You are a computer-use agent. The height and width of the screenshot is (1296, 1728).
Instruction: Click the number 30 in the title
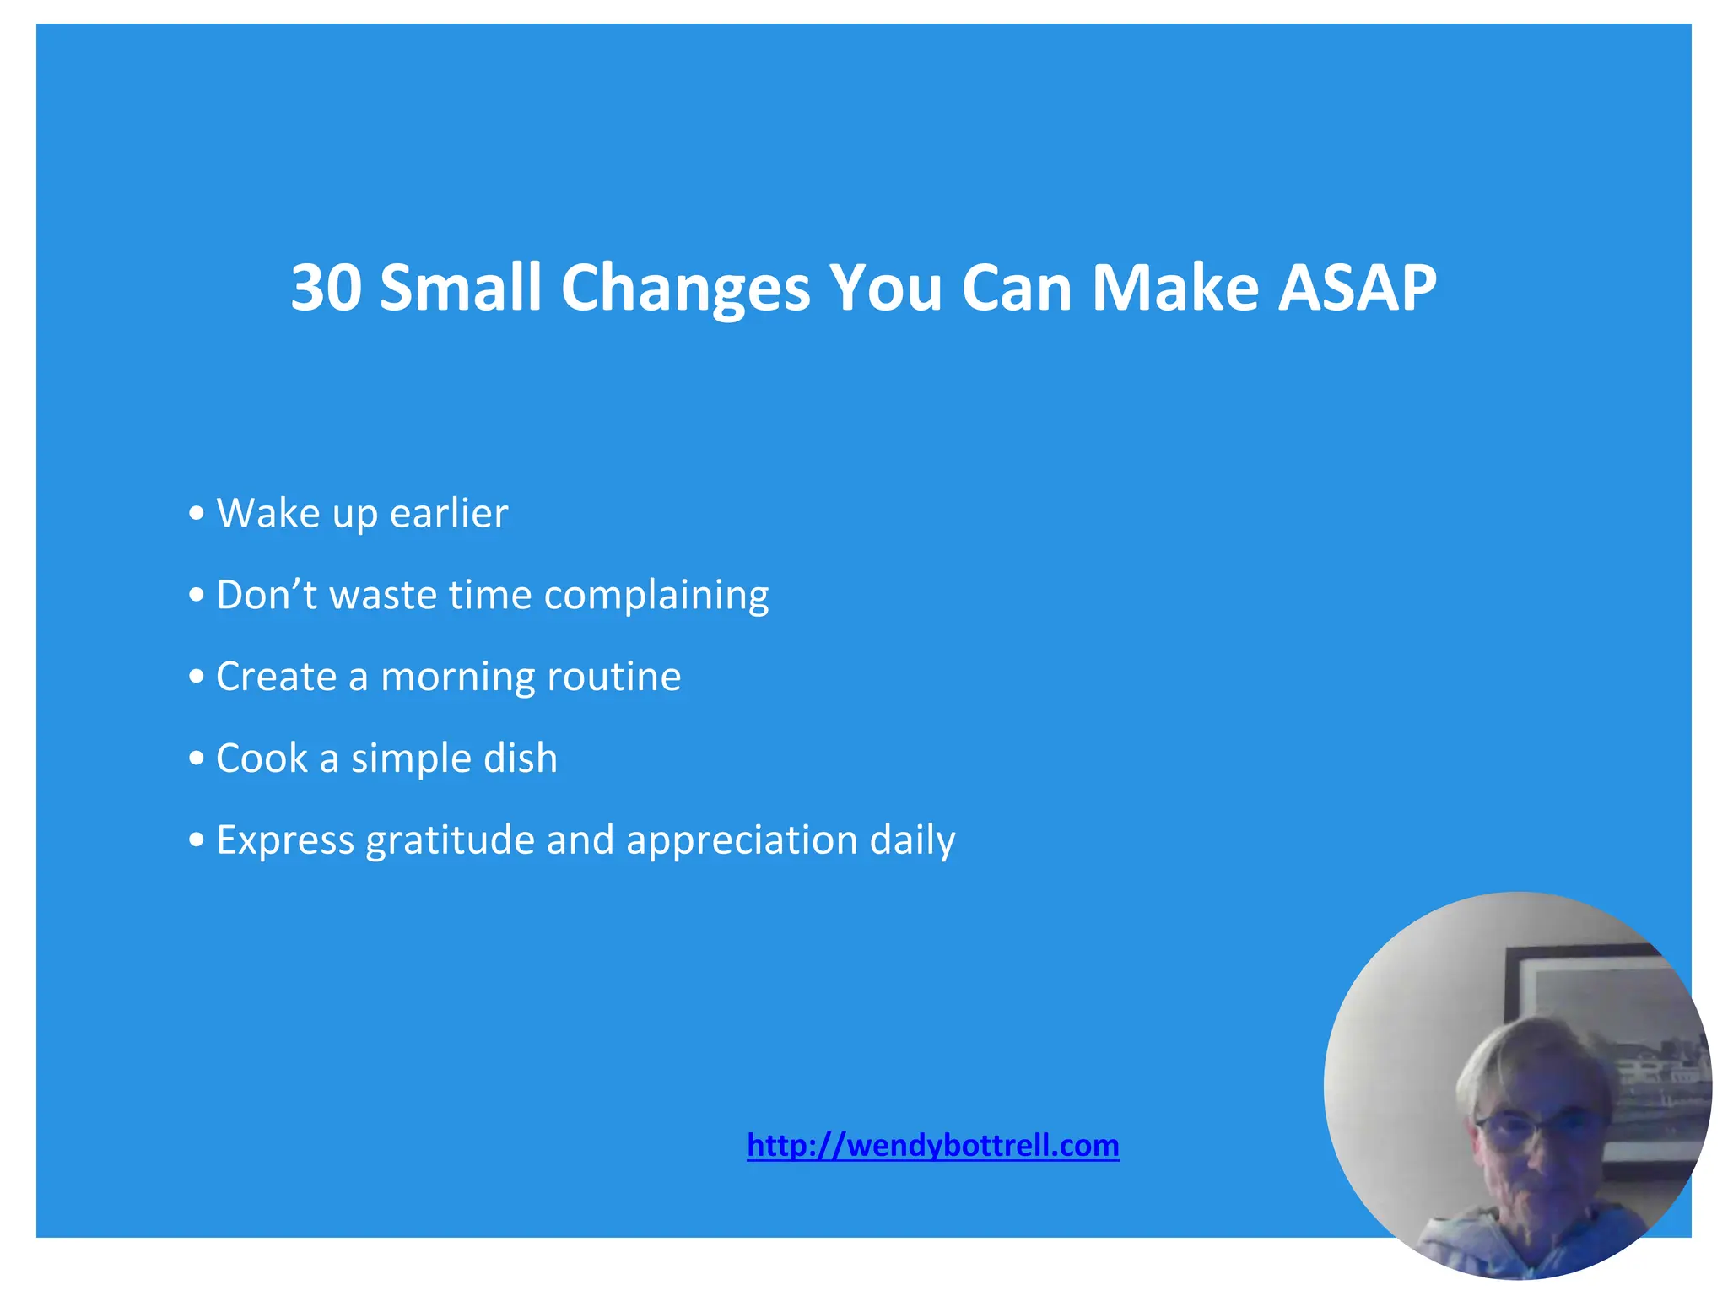click(x=327, y=288)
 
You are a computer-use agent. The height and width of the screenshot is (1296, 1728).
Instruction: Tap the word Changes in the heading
click(x=685, y=288)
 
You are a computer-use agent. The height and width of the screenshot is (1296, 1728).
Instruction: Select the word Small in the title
click(x=460, y=288)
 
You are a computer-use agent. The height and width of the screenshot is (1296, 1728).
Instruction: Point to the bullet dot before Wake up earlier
click(x=197, y=514)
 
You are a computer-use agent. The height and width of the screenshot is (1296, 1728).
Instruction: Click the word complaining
click(x=656, y=596)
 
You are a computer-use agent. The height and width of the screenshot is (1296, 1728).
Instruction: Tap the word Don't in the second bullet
click(x=266, y=594)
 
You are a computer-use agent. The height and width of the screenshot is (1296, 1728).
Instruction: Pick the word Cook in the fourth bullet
click(x=262, y=758)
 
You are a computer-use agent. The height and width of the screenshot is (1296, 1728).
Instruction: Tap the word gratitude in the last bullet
click(x=450, y=840)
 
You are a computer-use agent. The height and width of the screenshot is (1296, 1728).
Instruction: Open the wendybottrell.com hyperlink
click(x=932, y=1145)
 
